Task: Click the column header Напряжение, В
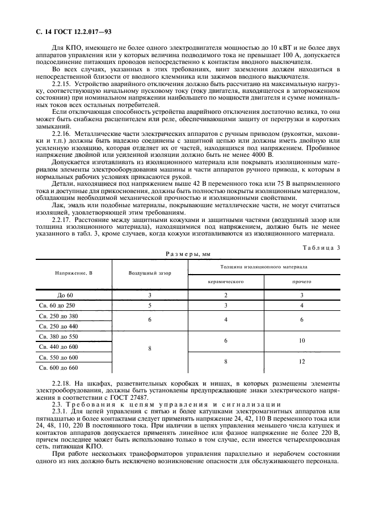(74, 273)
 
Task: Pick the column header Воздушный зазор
(150, 273)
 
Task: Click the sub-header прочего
(302, 281)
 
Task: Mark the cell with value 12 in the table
(302, 361)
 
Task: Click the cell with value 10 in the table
(302, 340)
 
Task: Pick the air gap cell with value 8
(150, 349)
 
